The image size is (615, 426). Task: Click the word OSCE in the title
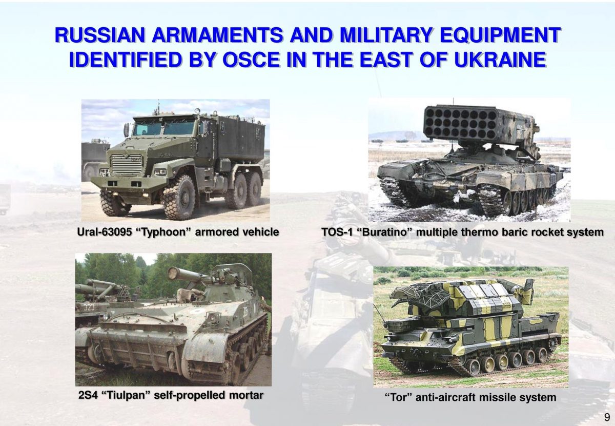pyautogui.click(x=251, y=60)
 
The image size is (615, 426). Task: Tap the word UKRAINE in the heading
pyautogui.click(x=500, y=60)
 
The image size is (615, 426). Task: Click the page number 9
pyautogui.click(x=607, y=417)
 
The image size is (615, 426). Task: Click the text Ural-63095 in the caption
pyautogui.click(x=103, y=232)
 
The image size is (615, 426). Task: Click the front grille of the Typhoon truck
pyautogui.click(x=127, y=164)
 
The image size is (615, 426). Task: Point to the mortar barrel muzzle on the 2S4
pyautogui.click(x=172, y=272)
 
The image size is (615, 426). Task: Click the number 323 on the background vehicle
pyautogui.click(x=89, y=307)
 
